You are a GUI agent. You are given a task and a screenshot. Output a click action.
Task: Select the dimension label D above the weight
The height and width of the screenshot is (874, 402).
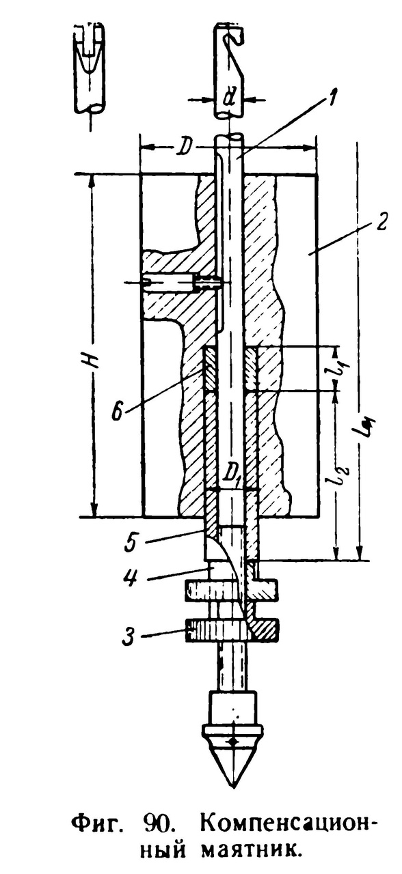tap(184, 149)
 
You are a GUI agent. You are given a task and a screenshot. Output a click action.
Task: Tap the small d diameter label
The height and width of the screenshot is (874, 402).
tap(227, 100)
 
